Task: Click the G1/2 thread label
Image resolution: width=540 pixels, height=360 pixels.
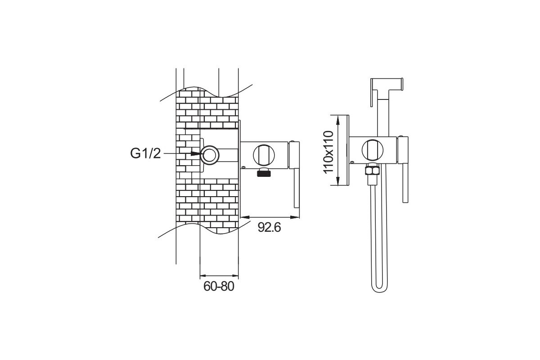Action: [x=145, y=153]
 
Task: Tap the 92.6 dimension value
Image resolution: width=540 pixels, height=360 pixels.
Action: [x=269, y=227]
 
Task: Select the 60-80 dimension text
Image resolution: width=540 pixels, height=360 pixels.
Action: [x=219, y=286]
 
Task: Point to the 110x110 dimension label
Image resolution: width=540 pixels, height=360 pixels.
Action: [x=328, y=152]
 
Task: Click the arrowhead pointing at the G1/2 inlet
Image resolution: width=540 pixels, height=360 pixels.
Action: [x=195, y=153]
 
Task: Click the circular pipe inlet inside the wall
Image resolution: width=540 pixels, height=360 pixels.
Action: [x=210, y=155]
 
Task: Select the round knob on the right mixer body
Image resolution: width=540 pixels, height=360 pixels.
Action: [x=373, y=150]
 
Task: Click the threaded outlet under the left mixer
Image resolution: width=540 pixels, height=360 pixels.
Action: [x=263, y=173]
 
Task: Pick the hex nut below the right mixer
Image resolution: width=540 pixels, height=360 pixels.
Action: [x=373, y=171]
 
